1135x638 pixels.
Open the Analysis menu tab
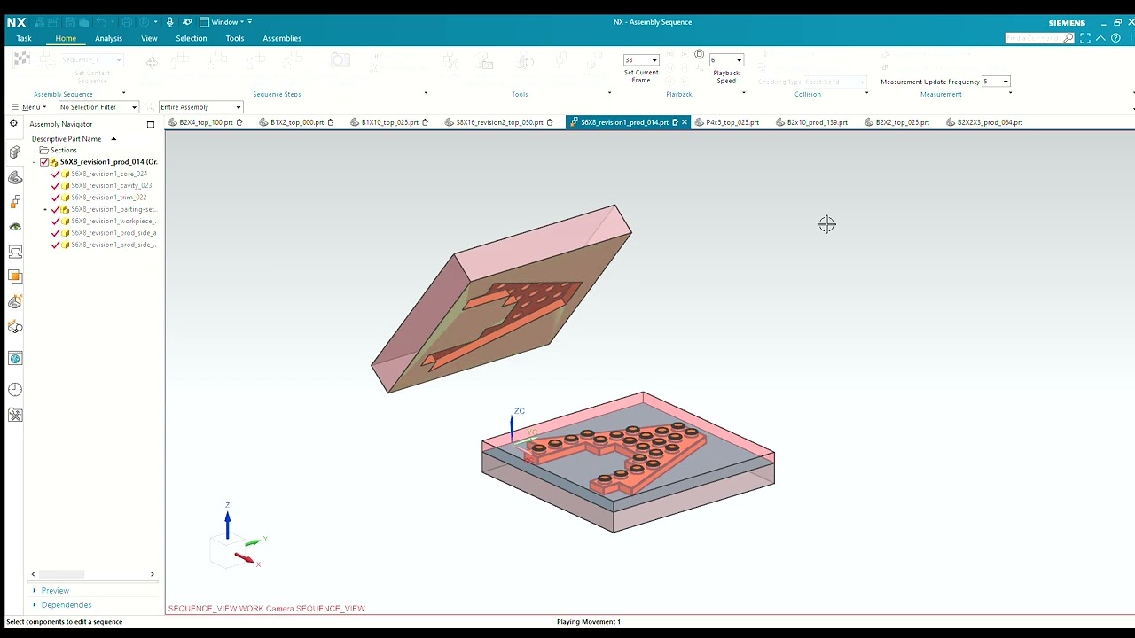coord(108,38)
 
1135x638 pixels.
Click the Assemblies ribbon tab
coord(282,38)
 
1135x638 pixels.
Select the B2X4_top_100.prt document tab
coord(206,122)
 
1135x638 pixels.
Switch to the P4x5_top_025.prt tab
coord(732,122)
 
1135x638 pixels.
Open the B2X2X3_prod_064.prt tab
coord(990,122)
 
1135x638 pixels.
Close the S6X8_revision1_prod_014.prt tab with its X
coord(685,122)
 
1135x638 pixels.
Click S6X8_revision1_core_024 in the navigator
coord(109,174)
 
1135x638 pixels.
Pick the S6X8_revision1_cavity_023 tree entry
coord(111,185)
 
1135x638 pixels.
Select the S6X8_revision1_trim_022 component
coord(109,198)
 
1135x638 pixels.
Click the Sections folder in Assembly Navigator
coord(63,151)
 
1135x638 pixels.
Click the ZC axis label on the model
coord(520,411)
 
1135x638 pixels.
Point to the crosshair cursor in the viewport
coord(826,224)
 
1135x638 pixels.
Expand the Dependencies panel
coord(66,605)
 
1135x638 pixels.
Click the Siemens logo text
coord(1067,23)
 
